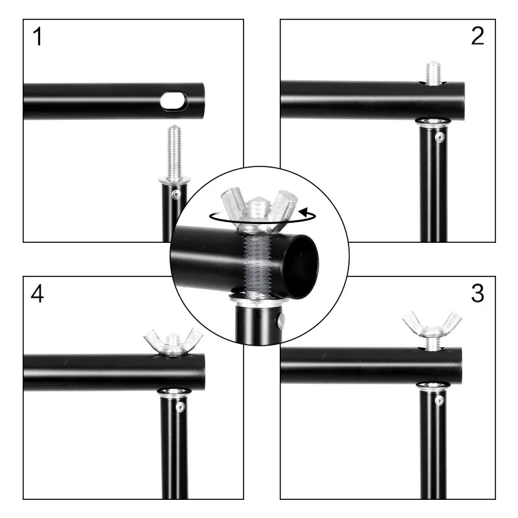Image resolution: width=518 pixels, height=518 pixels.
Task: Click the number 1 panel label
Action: [38, 37]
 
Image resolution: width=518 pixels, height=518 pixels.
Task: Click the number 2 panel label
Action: [477, 36]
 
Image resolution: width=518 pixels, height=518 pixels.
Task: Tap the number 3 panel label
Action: [477, 293]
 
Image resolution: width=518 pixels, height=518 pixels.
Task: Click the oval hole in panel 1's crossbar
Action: [174, 101]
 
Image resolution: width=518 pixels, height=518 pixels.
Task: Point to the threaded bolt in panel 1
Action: [174, 152]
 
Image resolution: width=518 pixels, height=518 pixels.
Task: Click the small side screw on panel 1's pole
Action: [175, 194]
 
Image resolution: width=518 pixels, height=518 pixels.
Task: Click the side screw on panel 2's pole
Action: [440, 138]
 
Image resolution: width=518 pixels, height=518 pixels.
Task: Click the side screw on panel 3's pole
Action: [439, 401]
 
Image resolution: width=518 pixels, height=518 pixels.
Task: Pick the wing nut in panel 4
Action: [173, 341]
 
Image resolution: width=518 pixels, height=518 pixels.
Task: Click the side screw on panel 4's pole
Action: [180, 407]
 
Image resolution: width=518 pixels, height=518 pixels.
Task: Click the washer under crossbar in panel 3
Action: [433, 387]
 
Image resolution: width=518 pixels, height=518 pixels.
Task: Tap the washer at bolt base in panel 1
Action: [174, 179]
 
